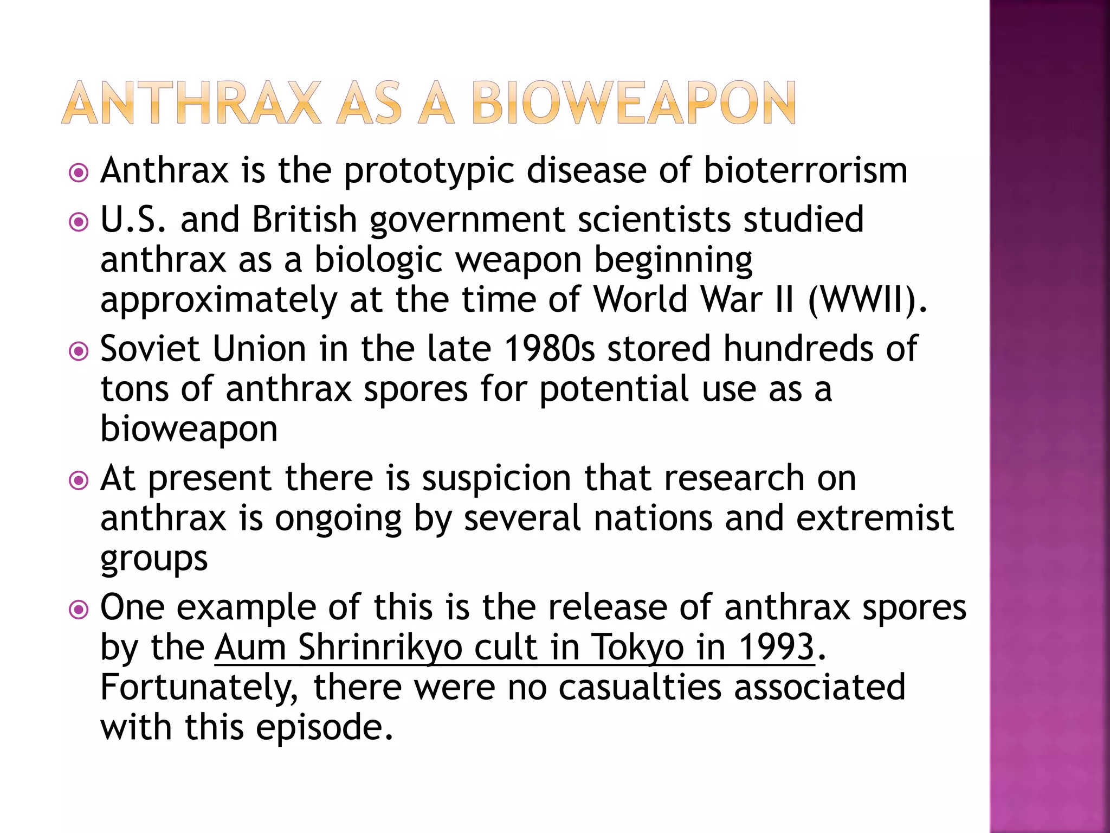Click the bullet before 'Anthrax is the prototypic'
coord(79,174)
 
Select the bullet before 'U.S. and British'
coord(79,222)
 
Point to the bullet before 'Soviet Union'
coord(79,351)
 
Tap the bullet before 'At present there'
coord(79,480)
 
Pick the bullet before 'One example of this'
coord(79,610)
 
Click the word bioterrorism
coord(805,170)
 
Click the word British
coord(305,220)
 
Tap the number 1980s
coord(549,349)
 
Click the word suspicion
coord(496,479)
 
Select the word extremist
coord(875,518)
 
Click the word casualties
coord(640,687)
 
